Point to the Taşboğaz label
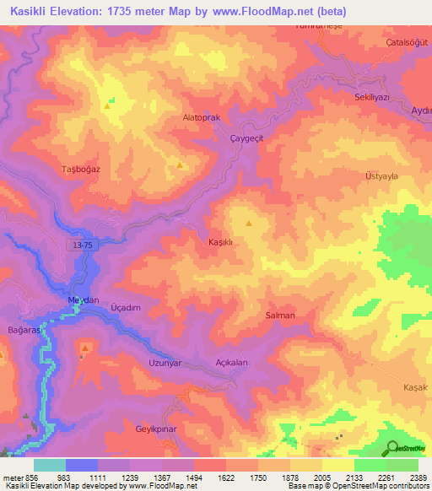[81, 170]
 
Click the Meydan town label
[84, 300]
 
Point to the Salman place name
[280, 316]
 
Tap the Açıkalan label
[231, 363]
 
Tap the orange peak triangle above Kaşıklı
[249, 224]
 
